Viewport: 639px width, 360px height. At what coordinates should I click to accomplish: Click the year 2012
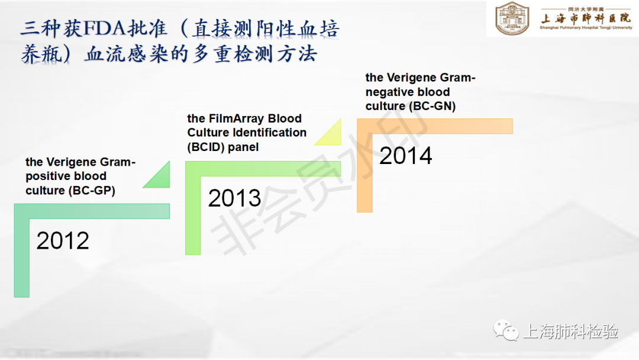[63, 240]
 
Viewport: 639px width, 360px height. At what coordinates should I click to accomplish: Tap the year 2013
[234, 198]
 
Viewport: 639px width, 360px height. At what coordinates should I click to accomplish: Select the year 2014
[405, 156]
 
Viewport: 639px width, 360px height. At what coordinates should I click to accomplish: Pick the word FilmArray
[236, 118]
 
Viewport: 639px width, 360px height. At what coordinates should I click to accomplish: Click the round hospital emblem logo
[512, 18]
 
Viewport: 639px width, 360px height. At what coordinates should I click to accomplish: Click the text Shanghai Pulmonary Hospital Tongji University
[586, 28]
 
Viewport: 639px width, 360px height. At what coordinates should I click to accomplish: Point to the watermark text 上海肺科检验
[570, 331]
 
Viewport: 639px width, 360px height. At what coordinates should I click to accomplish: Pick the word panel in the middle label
[243, 147]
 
